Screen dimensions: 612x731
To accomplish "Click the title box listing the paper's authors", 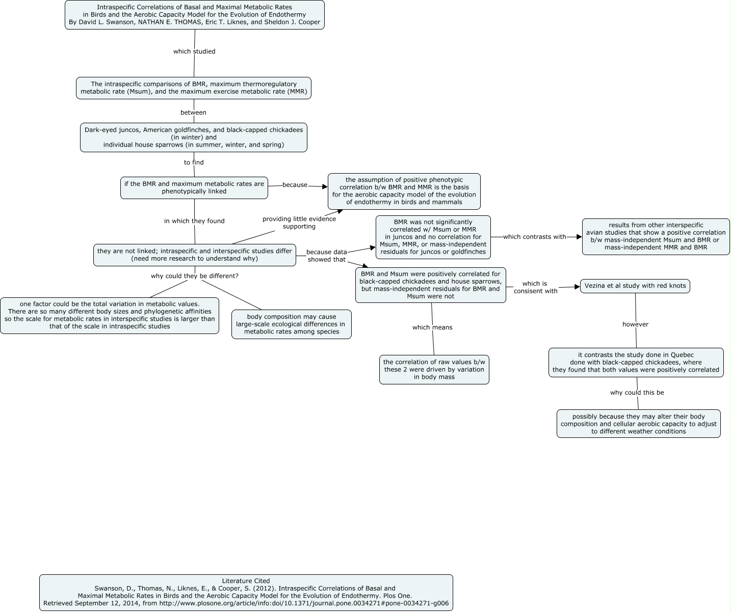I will click(x=194, y=15).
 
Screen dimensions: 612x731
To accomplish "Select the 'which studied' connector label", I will click(x=194, y=51).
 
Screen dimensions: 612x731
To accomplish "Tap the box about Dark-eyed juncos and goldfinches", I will click(x=194, y=137).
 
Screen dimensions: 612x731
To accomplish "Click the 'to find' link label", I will click(x=194, y=162).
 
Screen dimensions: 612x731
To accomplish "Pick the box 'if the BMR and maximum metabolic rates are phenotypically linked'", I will click(x=194, y=187).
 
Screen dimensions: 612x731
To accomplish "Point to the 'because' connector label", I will click(x=295, y=185).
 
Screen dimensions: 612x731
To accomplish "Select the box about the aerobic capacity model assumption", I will click(x=404, y=191).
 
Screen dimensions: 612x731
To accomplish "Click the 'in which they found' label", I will click(x=194, y=221).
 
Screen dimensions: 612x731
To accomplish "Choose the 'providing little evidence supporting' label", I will click(x=299, y=222).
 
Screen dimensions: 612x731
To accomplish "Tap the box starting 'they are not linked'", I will click(x=194, y=255).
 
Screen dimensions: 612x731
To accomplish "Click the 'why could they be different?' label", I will click(x=194, y=276).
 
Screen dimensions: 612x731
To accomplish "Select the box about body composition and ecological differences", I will click(x=291, y=324).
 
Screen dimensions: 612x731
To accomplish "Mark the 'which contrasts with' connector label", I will click(x=534, y=237).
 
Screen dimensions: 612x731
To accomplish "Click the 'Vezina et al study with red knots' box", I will click(x=635, y=286).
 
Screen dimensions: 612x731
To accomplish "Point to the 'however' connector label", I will click(x=635, y=324).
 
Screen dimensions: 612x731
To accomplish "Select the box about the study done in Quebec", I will click(x=636, y=362).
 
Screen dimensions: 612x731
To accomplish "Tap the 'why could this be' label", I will click(x=637, y=393).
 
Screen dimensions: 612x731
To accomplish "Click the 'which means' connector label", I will click(x=432, y=327).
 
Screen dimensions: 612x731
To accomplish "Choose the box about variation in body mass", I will click(x=434, y=369).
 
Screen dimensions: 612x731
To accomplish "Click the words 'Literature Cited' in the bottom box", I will click(x=246, y=580).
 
